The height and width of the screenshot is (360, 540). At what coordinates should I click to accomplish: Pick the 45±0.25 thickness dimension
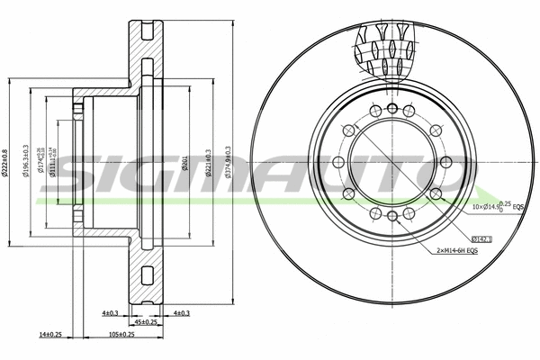click(144, 321)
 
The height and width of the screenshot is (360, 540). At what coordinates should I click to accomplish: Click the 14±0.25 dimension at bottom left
click(50, 334)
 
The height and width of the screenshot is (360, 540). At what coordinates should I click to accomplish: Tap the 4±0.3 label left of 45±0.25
click(110, 312)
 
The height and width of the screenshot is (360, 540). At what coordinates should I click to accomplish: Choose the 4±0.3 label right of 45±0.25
click(181, 312)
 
